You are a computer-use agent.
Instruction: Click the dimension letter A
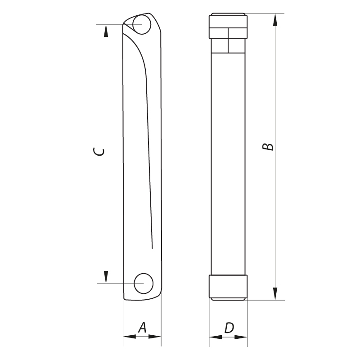pos(142,327)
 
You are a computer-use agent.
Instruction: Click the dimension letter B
pos(268,147)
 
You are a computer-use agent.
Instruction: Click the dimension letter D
pos(229,328)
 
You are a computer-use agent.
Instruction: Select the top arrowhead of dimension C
pos(106,30)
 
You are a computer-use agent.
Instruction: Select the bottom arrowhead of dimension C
pos(106,277)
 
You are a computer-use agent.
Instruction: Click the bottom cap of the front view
pos(228,287)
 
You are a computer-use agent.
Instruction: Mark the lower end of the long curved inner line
pos(152,247)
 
